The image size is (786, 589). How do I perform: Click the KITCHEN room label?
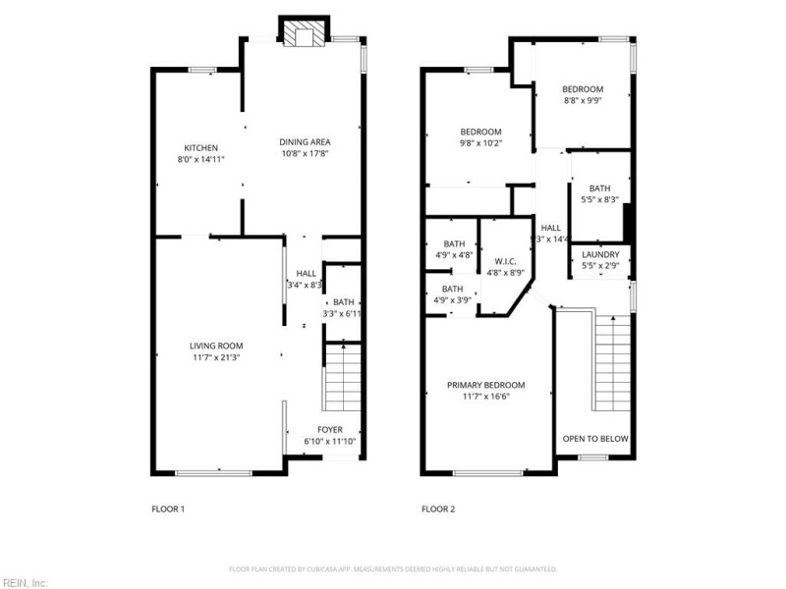point(194,147)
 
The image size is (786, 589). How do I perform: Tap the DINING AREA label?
point(306,142)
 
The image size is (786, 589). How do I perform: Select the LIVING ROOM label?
point(216,346)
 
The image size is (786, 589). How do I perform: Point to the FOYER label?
point(330,430)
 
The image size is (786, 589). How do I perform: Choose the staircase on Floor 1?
point(342,384)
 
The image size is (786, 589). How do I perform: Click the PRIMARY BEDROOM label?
point(485,385)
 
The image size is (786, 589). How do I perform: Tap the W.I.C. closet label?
point(506,261)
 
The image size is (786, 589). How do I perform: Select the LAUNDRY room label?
point(600,254)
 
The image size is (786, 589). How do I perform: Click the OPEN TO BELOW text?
point(594,439)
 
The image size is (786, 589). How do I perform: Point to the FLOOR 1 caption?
point(167,509)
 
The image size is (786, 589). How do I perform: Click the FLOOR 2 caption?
point(438,509)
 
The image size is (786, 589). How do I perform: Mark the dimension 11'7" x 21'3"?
point(216,357)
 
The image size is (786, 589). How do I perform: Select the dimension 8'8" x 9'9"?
point(583,100)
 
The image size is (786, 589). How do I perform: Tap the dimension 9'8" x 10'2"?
point(481,143)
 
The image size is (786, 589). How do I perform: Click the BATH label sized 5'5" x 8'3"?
point(599,188)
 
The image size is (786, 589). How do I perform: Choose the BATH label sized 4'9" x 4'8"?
point(454,243)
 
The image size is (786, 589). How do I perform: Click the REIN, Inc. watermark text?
point(24,582)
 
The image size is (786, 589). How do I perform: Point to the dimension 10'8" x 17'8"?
point(306,153)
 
